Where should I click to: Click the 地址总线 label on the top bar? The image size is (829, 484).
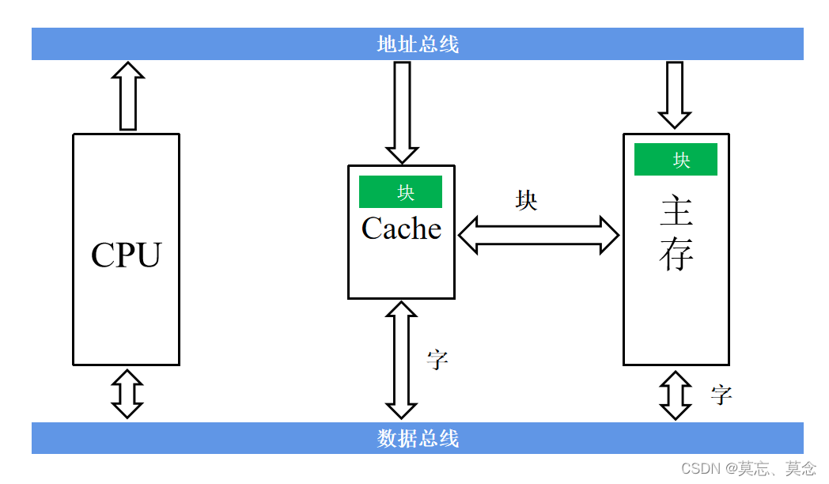[x=418, y=44]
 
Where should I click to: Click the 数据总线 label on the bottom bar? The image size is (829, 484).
[x=418, y=438]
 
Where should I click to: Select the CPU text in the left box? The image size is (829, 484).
[x=126, y=255]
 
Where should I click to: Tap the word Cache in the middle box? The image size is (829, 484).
[x=401, y=229]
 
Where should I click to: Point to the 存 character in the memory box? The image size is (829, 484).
[x=676, y=255]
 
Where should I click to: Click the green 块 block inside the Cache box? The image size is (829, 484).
[x=400, y=192]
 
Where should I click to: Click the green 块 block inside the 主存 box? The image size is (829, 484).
[x=676, y=160]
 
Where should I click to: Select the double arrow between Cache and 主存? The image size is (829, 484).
[x=539, y=234]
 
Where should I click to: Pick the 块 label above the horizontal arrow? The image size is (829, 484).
[x=526, y=201]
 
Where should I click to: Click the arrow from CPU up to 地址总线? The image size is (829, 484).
[x=128, y=96]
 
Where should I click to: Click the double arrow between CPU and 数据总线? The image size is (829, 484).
[x=127, y=393]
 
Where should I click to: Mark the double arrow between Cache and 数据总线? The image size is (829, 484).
[x=401, y=360]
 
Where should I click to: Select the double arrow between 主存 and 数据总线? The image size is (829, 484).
[x=675, y=395]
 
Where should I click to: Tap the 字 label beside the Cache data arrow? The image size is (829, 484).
[x=437, y=360]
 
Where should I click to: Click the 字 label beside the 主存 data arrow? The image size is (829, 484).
[x=721, y=395]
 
